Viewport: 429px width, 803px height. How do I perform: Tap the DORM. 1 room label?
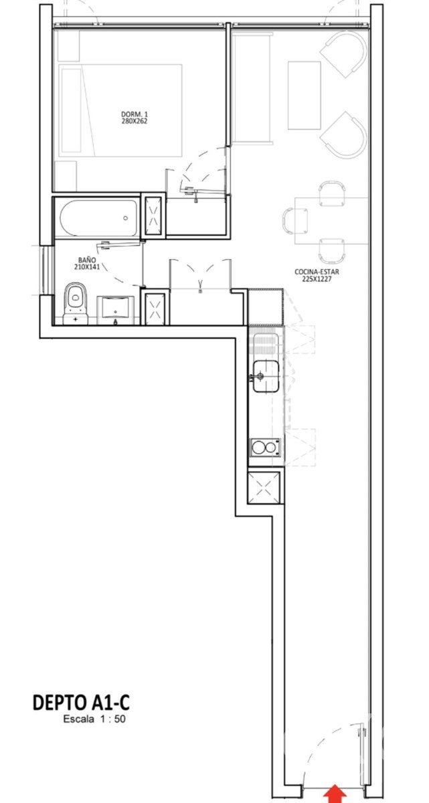[135, 114]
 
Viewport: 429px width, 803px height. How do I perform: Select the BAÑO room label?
[87, 260]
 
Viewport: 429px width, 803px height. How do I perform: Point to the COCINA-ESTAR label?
[317, 272]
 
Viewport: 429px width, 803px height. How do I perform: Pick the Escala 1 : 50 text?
[94, 719]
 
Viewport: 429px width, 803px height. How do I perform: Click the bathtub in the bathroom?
[98, 218]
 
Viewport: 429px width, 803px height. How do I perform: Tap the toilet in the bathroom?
[75, 303]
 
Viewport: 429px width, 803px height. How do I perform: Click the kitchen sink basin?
[266, 376]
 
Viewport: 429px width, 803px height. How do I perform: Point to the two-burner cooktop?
[265, 448]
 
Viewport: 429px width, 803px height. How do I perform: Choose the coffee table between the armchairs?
[305, 95]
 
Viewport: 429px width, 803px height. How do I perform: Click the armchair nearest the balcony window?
[343, 54]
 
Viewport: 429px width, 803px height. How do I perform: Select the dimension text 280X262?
[135, 121]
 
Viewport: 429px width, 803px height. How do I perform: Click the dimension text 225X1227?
[317, 278]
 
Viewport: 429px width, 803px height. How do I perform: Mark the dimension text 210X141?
[87, 267]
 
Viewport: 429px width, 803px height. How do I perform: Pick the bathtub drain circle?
[125, 218]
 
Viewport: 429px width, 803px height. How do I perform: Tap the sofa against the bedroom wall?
[252, 89]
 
